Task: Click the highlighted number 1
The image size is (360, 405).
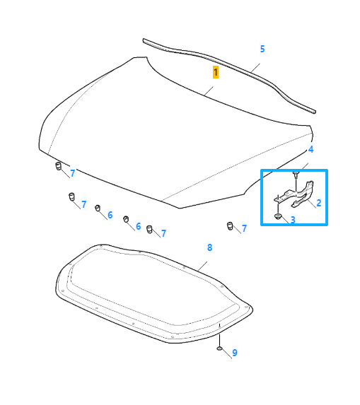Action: [x=216, y=72]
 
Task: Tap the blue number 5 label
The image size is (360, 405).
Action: [x=262, y=49]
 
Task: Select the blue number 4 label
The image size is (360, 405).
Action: [x=311, y=149]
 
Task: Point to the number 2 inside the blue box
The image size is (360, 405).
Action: [x=319, y=203]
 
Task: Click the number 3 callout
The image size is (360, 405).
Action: [x=293, y=220]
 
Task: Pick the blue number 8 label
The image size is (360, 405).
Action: [x=209, y=247]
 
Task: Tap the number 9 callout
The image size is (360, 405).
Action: [x=235, y=353]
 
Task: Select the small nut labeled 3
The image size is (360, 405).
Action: [x=278, y=216]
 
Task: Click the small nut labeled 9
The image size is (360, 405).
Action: [x=219, y=348]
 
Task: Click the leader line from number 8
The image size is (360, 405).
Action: [x=202, y=266]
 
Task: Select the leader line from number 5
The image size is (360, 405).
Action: [x=255, y=68]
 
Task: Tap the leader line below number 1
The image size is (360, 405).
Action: [x=209, y=91]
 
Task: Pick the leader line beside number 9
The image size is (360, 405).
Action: [x=226, y=353]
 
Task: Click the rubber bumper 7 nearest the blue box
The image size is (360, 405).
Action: [x=230, y=225]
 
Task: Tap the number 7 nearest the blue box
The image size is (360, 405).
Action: [x=244, y=228]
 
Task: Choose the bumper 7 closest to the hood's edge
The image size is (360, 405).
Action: [x=59, y=166]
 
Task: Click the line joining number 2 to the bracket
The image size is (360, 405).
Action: [x=312, y=204]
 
